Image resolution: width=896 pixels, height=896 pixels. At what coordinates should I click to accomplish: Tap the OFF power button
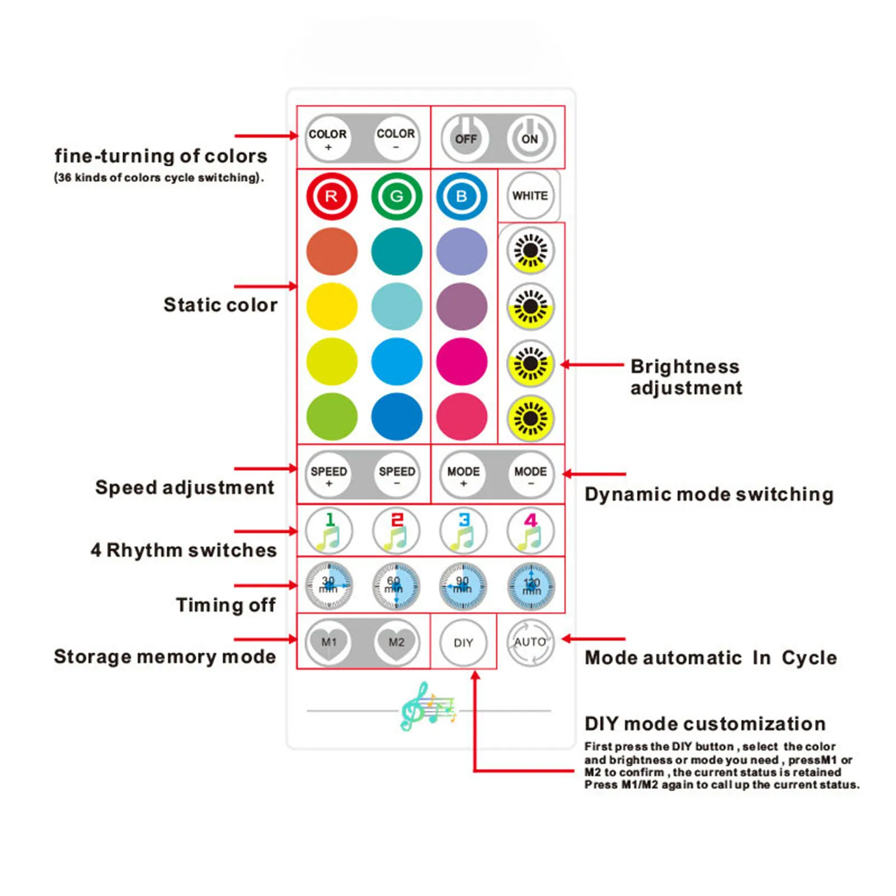coord(465,138)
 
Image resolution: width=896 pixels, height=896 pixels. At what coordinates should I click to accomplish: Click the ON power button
coord(531,138)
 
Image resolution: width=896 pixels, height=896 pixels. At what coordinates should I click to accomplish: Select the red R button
coord(331,196)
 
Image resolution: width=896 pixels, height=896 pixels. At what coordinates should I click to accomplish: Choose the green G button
coord(396,196)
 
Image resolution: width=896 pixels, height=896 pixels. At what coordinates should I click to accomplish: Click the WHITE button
coord(529,196)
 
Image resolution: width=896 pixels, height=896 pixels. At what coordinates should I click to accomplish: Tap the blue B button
coord(462,196)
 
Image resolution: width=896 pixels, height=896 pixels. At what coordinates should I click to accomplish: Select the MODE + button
coord(463,474)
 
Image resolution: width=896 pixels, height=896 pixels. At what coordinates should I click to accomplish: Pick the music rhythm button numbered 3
coord(463,531)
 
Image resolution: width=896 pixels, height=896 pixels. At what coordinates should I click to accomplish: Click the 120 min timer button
coord(531,586)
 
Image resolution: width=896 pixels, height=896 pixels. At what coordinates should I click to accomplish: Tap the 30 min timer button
coord(329,586)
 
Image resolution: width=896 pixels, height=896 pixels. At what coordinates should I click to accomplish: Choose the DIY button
coord(463,642)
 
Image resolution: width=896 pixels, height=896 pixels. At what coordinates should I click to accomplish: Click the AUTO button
coord(530,642)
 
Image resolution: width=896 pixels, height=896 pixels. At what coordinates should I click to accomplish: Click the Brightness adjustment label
coord(686,377)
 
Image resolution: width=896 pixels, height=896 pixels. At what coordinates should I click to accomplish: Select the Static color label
coord(221,305)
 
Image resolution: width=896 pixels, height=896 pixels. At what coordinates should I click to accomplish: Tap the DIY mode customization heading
coord(705,724)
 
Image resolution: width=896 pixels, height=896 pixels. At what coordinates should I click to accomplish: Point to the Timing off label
coord(226,605)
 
